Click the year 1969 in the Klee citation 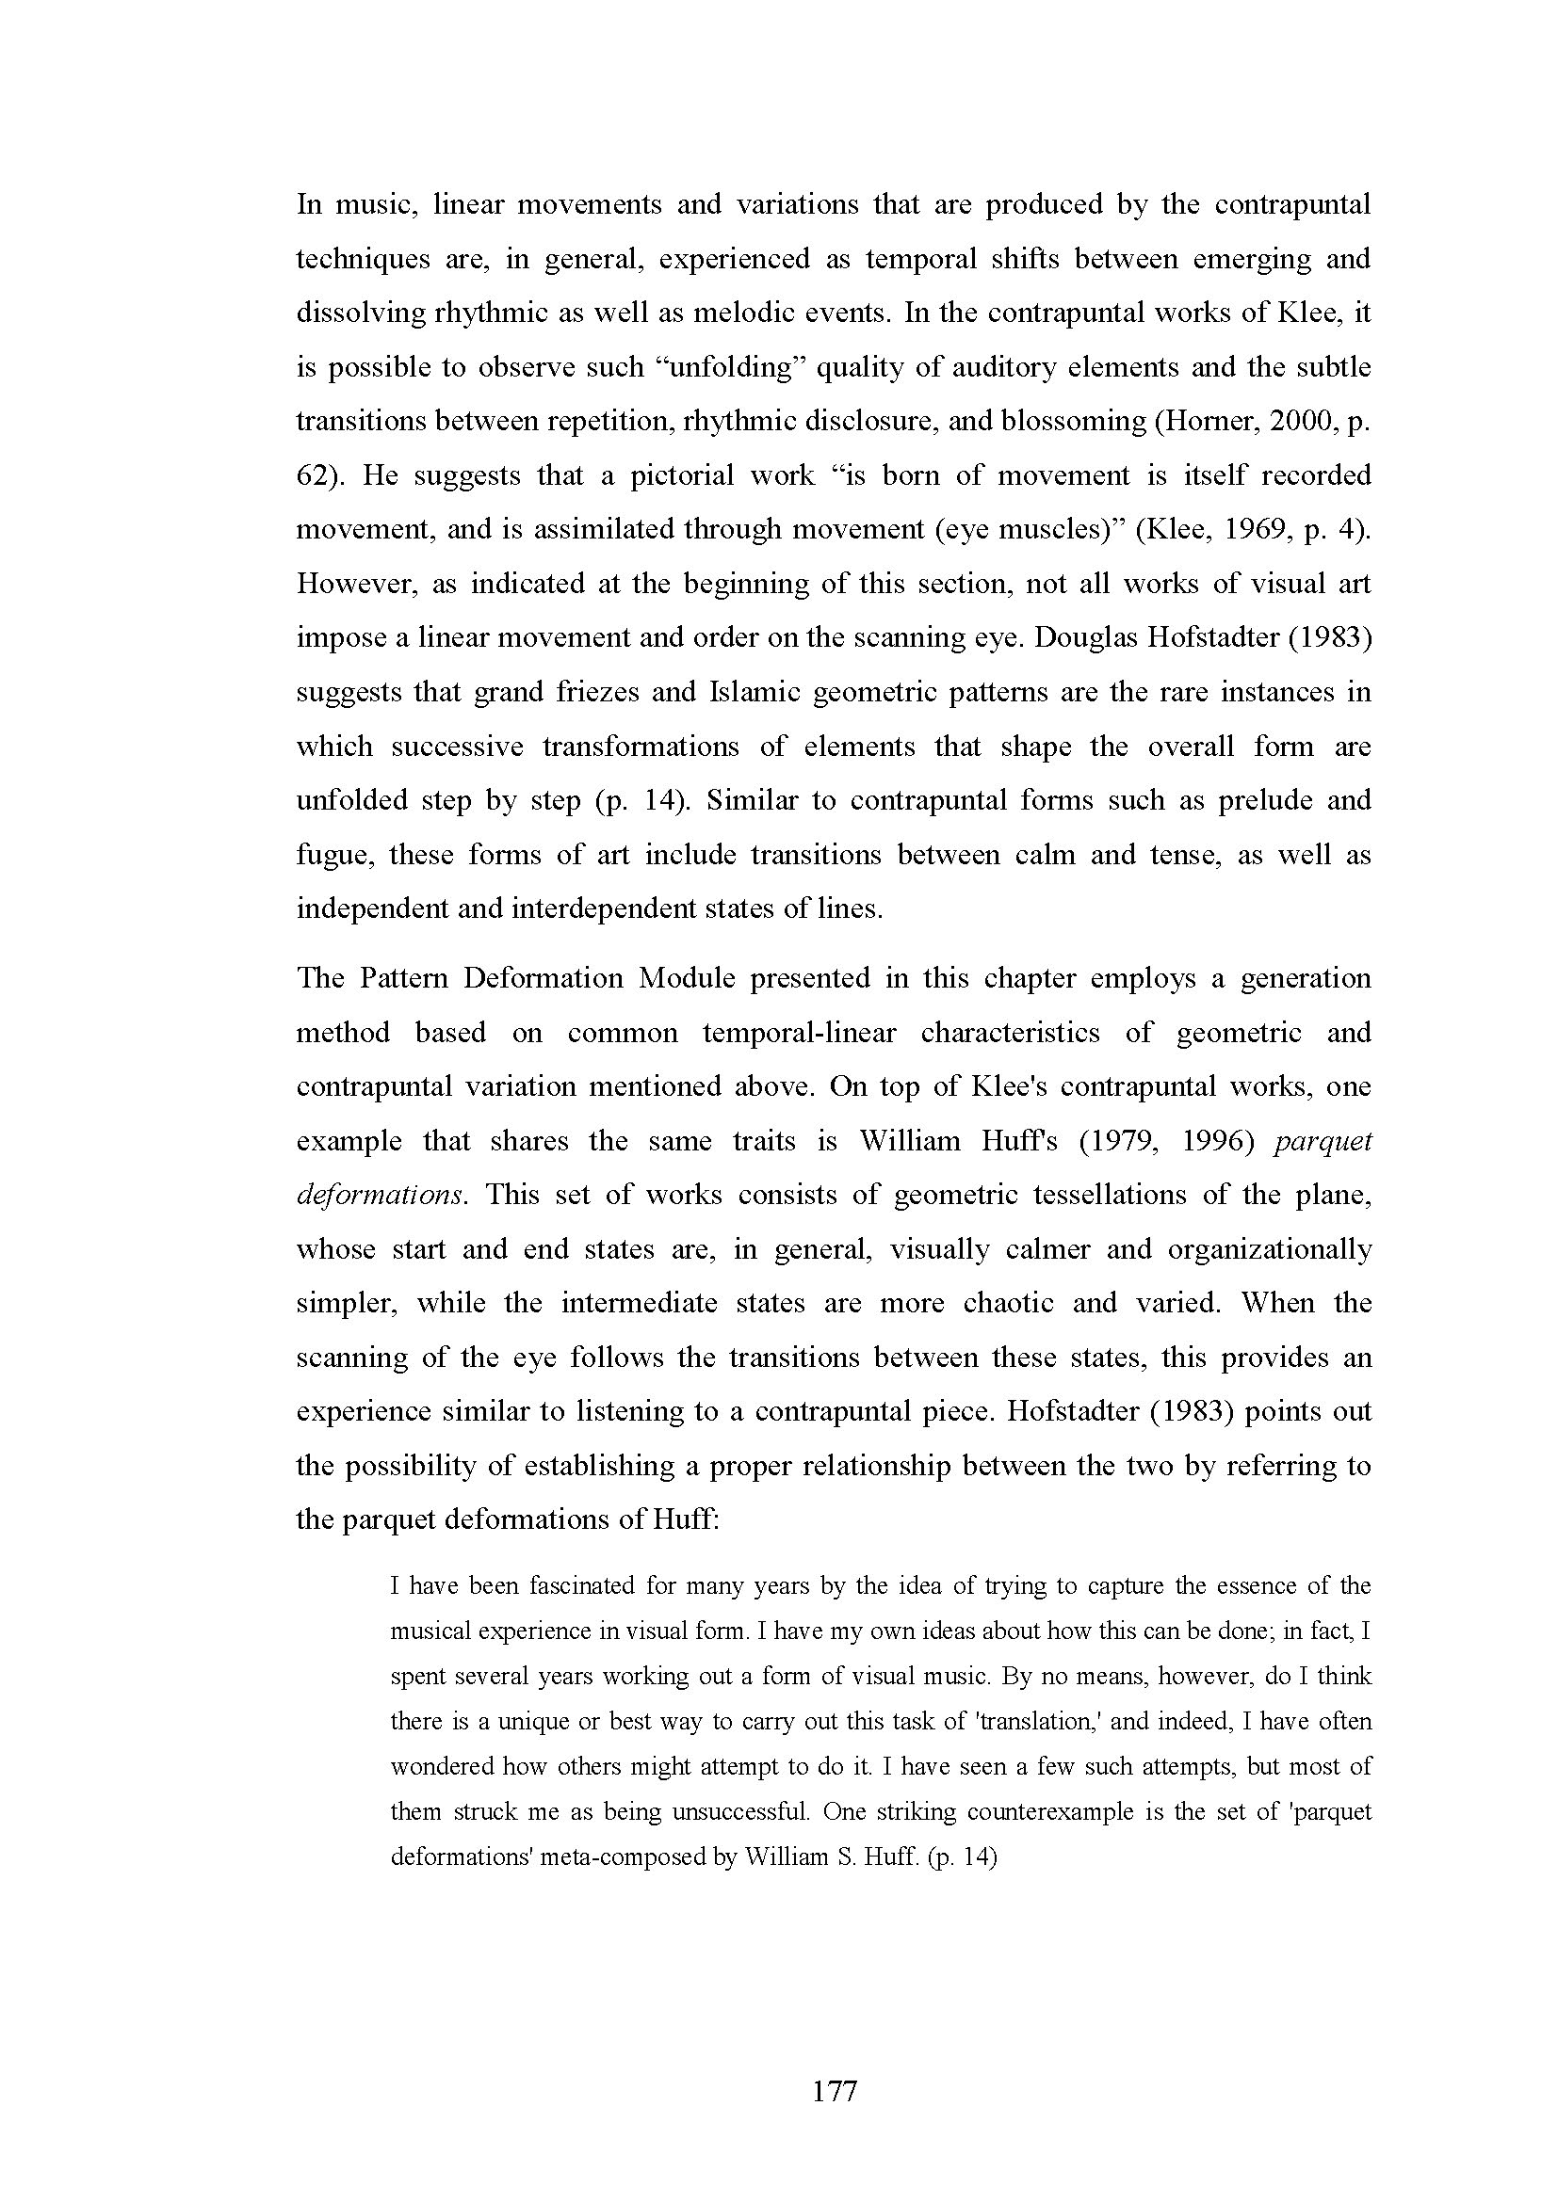click(x=1242, y=530)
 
